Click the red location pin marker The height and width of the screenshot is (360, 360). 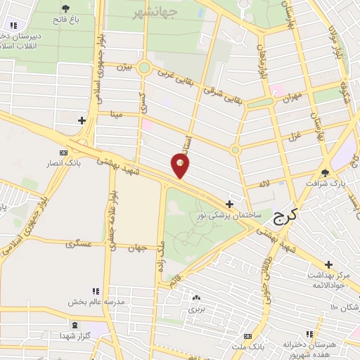tap(181, 166)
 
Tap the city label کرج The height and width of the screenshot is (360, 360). tap(285, 218)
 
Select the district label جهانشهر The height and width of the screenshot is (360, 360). tap(155, 13)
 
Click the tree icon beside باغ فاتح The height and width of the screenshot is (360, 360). tap(66, 9)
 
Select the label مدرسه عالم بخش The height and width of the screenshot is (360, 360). tap(96, 302)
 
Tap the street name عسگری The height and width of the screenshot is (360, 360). tap(79, 244)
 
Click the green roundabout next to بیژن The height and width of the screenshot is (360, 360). tap(144, 68)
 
